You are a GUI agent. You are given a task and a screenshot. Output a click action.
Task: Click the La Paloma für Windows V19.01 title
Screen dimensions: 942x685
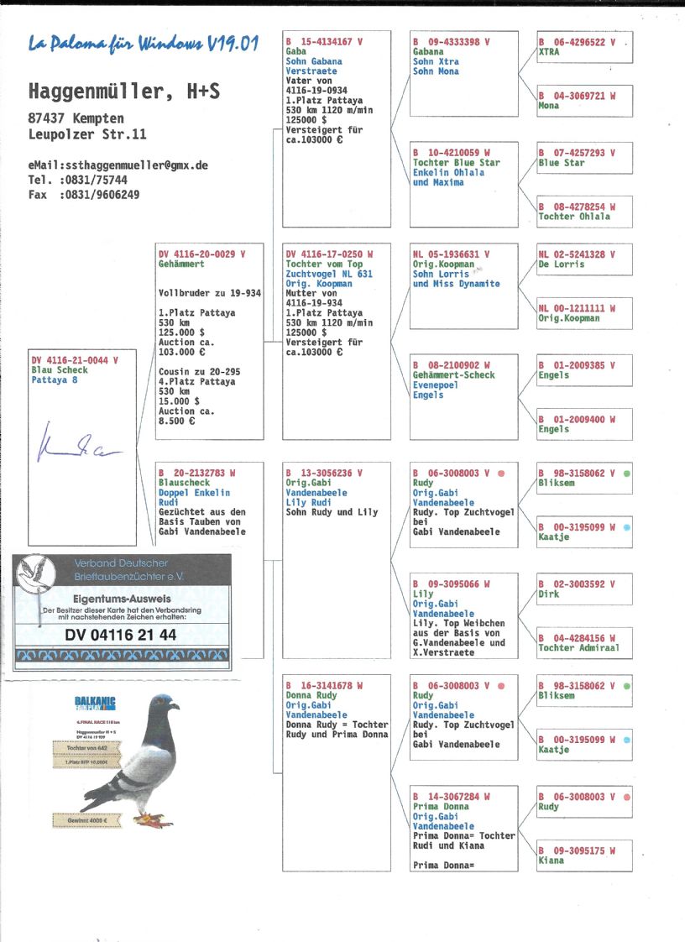point(143,44)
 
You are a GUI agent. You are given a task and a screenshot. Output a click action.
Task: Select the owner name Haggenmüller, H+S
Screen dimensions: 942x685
point(124,92)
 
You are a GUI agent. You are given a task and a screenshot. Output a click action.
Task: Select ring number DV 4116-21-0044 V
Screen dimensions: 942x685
point(75,359)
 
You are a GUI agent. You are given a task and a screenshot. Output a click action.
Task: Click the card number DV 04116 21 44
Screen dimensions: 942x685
point(121,636)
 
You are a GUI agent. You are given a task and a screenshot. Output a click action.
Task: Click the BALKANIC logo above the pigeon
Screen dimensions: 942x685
point(95,703)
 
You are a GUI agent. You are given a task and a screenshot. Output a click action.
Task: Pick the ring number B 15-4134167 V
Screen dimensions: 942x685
point(318,41)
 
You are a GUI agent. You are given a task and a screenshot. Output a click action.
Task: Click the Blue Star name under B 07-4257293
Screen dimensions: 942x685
point(562,163)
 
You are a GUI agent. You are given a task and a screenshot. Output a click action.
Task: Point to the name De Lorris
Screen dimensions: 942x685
point(562,264)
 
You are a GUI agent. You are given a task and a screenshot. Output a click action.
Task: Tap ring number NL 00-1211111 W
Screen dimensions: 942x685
point(577,308)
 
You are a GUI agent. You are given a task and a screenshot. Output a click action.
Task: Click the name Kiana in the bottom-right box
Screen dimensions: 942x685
point(552,861)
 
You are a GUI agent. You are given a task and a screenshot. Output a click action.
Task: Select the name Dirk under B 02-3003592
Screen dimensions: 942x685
point(549,594)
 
